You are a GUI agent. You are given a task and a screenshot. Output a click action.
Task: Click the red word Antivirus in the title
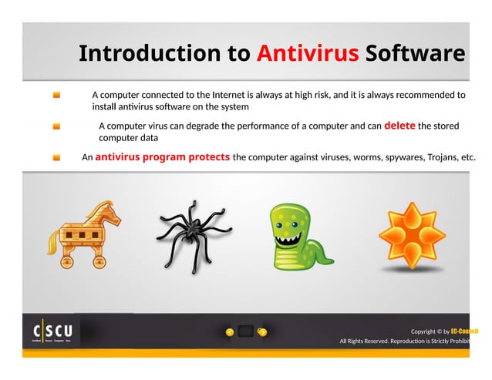tap(307, 54)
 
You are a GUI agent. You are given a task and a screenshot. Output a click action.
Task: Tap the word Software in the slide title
tap(415, 54)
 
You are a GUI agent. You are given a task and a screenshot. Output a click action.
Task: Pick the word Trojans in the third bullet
tap(439, 157)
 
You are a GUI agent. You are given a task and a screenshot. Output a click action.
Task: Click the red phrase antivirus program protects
tap(163, 157)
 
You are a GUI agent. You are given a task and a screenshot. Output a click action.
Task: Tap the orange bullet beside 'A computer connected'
tap(57, 95)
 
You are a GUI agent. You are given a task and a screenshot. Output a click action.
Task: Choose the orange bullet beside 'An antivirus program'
tap(57, 157)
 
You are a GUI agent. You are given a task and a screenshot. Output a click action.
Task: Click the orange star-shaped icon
tap(415, 230)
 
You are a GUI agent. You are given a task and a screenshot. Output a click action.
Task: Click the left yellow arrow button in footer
tap(229, 332)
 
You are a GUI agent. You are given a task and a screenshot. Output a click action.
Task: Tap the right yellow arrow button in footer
tap(262, 332)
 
